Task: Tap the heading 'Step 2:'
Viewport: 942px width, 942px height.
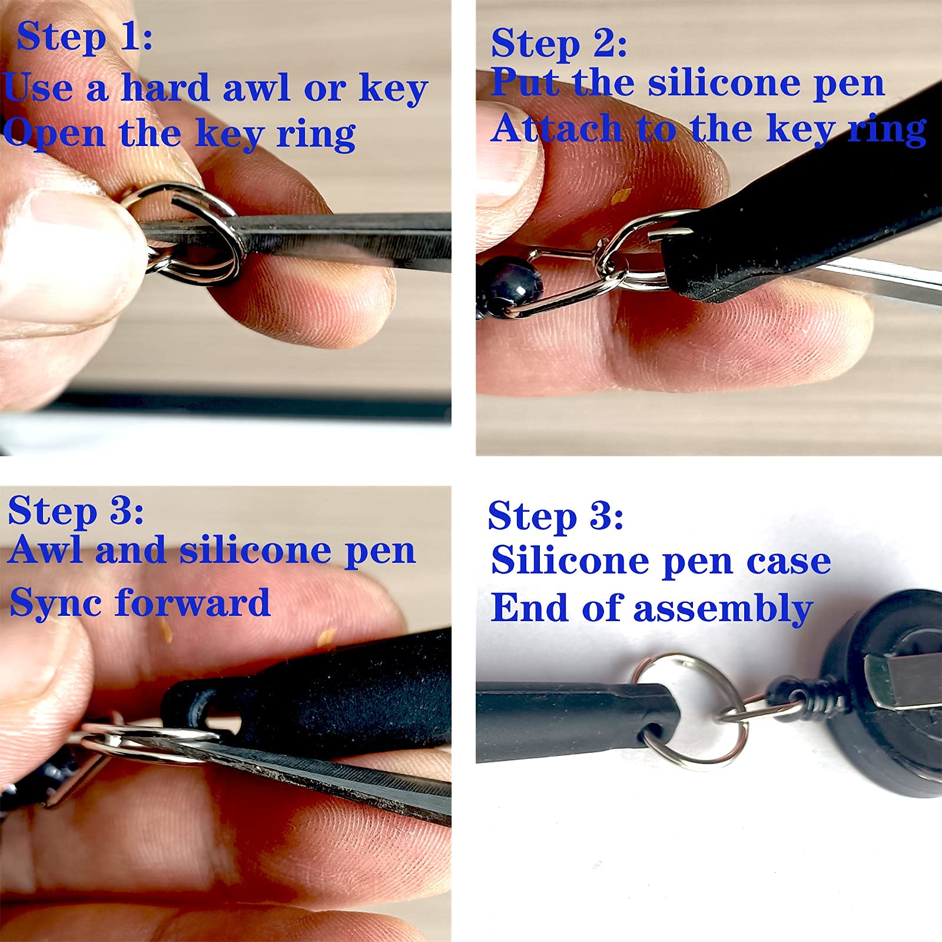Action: click(559, 44)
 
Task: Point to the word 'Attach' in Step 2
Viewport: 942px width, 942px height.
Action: click(556, 128)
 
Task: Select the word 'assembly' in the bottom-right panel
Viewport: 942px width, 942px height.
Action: click(724, 609)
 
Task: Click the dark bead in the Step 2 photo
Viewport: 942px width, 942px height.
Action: click(511, 283)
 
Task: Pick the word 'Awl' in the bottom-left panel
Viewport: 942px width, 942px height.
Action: click(47, 550)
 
